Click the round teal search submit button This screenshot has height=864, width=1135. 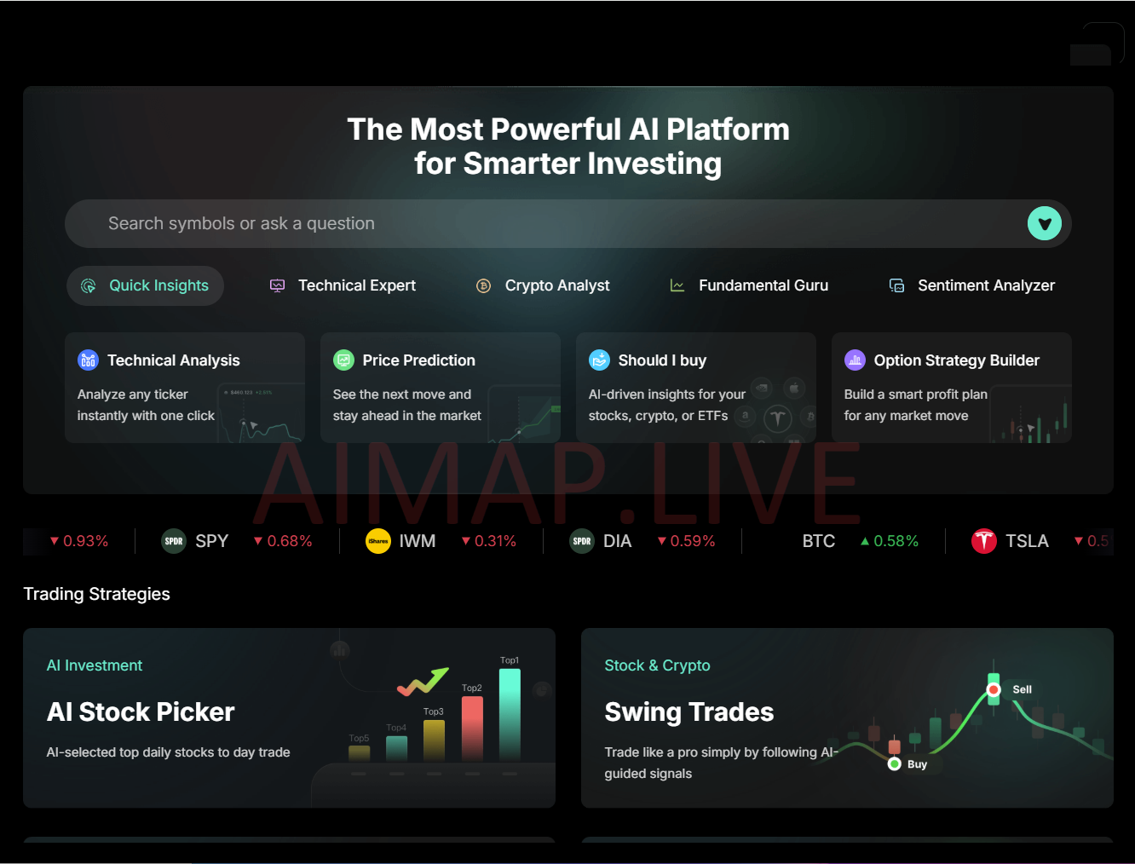click(1044, 223)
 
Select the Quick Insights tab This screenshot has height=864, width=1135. click(146, 285)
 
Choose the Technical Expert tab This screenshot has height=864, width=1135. click(343, 285)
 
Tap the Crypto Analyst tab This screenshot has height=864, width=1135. click(543, 285)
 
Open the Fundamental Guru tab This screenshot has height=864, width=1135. click(749, 285)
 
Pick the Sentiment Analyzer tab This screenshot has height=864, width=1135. click(971, 285)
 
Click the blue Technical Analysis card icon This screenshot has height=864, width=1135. click(88, 360)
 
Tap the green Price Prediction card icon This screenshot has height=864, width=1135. click(343, 360)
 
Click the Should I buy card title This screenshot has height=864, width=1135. click(662, 360)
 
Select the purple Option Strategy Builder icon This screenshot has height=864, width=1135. click(855, 360)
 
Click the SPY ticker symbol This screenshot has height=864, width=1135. click(211, 541)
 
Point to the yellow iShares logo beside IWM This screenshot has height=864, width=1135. click(378, 541)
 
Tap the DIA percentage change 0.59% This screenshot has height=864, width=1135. click(686, 541)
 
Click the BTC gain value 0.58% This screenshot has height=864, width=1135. click(890, 541)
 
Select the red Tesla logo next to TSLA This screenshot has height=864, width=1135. click(983, 541)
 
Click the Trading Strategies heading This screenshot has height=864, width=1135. click(96, 594)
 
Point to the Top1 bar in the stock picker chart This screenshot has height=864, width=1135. click(510, 715)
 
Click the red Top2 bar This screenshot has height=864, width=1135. click(472, 729)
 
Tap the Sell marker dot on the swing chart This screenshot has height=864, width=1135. click(994, 690)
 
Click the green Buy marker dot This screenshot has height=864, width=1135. click(894, 763)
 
